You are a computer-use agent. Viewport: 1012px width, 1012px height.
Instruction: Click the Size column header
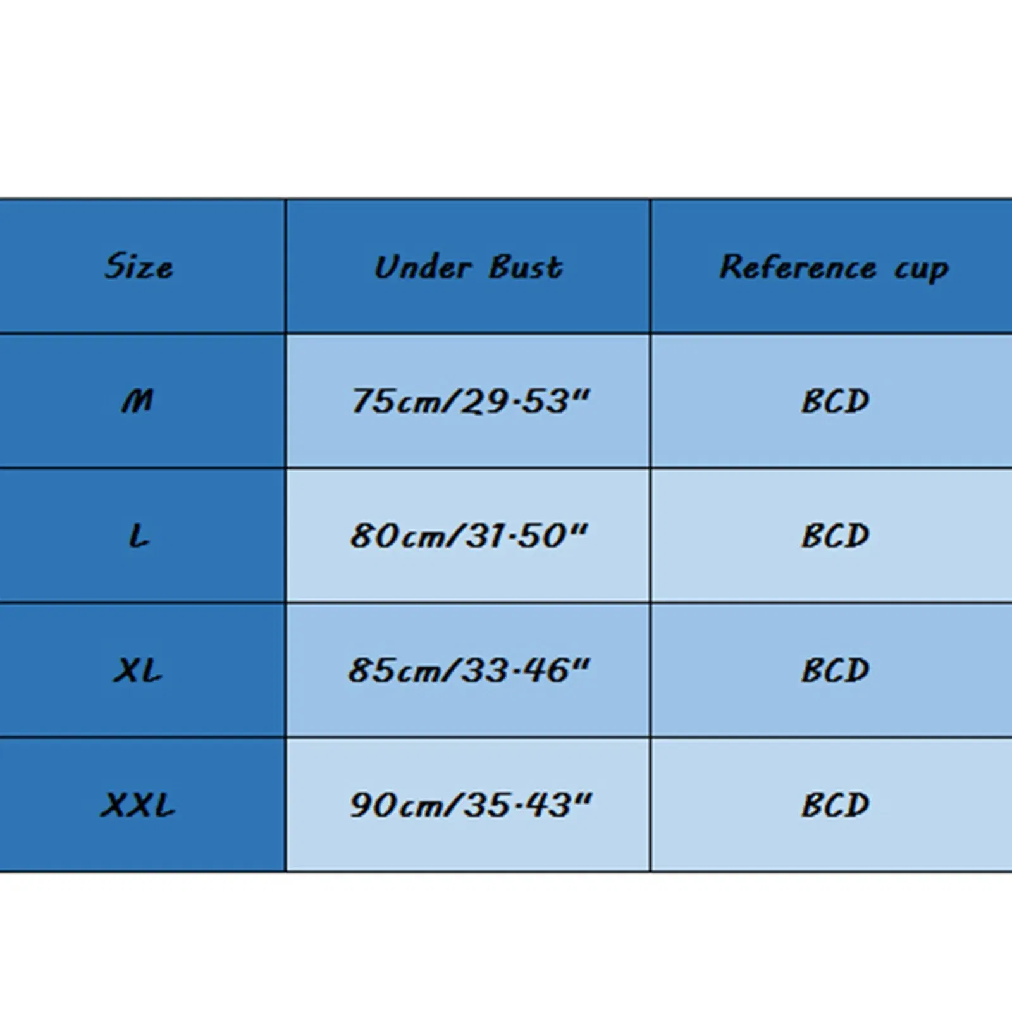139,266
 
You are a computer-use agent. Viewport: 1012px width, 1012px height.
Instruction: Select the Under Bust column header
468,267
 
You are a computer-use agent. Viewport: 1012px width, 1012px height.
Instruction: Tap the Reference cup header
834,268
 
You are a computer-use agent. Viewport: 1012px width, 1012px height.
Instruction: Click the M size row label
138,401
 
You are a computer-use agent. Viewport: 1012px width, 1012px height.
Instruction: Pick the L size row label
139,536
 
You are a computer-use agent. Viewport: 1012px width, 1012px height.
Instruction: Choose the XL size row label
138,670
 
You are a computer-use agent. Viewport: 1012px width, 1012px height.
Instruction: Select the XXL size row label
138,805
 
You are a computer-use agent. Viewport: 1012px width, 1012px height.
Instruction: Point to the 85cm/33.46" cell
469,670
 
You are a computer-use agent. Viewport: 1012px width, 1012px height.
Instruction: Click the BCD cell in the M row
836,401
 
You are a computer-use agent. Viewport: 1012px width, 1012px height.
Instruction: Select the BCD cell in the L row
836,536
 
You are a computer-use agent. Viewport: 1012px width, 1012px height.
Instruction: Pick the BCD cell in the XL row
836,670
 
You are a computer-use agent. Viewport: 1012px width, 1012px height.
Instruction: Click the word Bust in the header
526,267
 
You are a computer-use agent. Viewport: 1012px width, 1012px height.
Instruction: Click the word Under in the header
423,267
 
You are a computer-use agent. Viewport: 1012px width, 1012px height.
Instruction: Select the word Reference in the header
798,266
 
